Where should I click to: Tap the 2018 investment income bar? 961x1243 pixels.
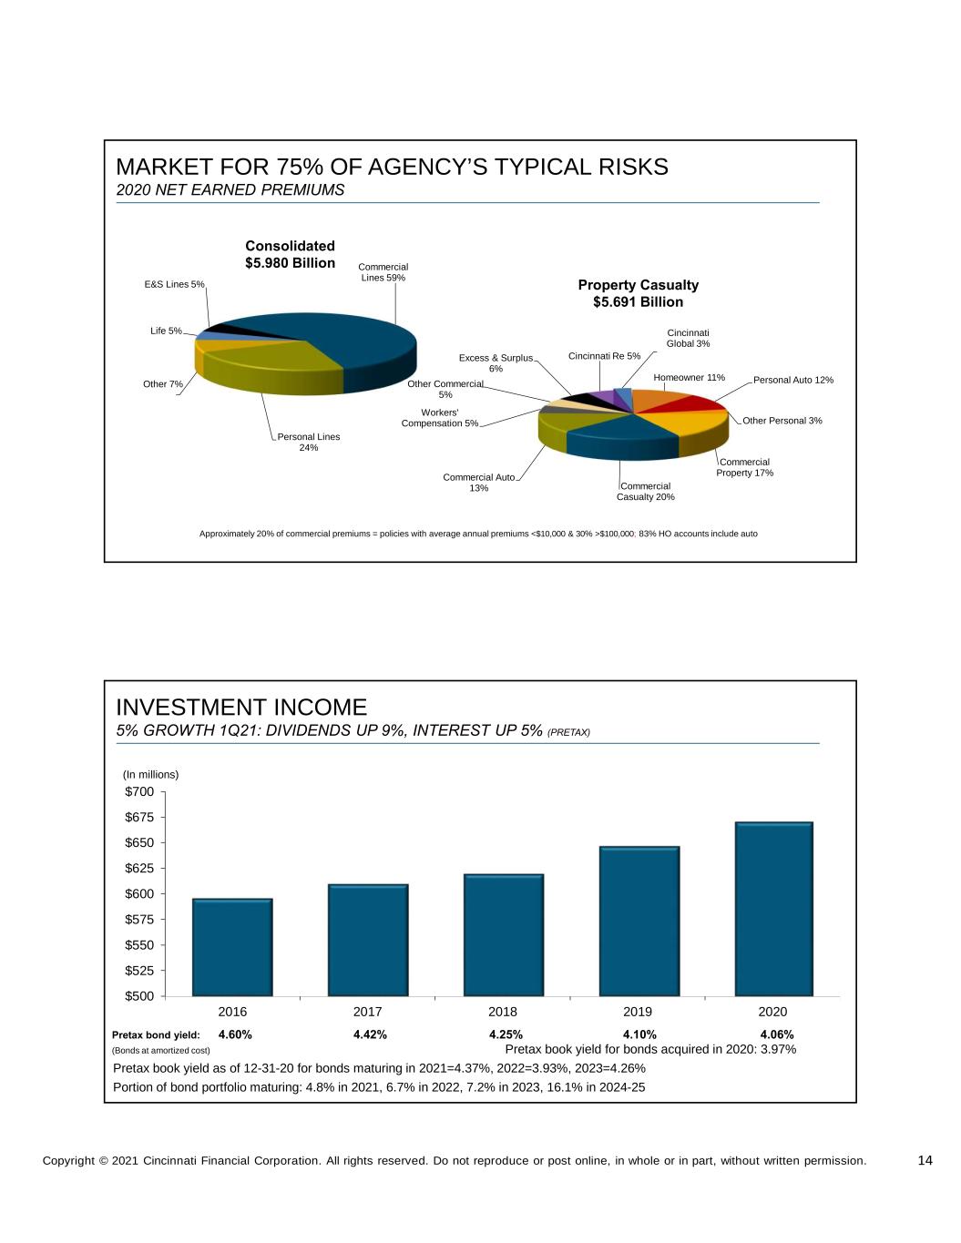pyautogui.click(x=503, y=935)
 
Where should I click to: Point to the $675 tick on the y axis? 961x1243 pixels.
pyautogui.click(x=139, y=818)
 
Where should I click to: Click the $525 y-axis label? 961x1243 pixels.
pyautogui.click(x=139, y=971)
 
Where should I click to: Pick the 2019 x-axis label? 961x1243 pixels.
pyautogui.click(x=638, y=1012)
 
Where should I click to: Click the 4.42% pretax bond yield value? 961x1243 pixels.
pyautogui.click(x=370, y=1034)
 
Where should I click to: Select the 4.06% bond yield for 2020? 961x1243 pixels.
pyautogui.click(x=777, y=1034)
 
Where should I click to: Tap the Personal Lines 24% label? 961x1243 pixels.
pyautogui.click(x=309, y=442)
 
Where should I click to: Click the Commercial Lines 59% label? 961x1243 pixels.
pyautogui.click(x=384, y=272)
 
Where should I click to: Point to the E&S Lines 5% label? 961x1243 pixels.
pyautogui.click(x=174, y=284)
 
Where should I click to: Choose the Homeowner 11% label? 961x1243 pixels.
pyautogui.click(x=689, y=377)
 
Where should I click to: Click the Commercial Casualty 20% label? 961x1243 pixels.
pyautogui.click(x=645, y=491)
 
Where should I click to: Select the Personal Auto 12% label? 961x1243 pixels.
pyautogui.click(x=792, y=380)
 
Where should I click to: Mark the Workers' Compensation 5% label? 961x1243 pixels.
pyautogui.click(x=439, y=418)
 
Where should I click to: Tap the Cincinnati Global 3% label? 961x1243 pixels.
pyautogui.click(x=688, y=338)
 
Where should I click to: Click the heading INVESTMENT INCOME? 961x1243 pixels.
pyautogui.click(x=241, y=708)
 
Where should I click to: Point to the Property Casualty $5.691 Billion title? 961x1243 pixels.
pyautogui.click(x=638, y=293)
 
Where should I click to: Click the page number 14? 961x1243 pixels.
pyautogui.click(x=925, y=1160)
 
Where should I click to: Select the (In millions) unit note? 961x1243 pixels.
pyautogui.click(x=151, y=775)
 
